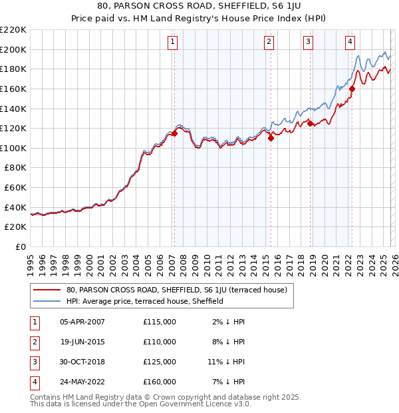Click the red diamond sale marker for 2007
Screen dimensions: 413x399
coord(174,133)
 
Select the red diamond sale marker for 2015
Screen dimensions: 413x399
coord(271,138)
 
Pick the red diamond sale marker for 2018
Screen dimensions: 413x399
coord(310,123)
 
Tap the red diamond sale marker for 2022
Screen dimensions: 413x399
coord(352,89)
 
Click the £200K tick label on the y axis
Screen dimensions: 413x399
coord(13,49)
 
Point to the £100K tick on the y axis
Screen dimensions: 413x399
coord(13,148)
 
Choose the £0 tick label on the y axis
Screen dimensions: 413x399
coord(20,246)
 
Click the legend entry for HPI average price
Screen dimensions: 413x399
coord(144,301)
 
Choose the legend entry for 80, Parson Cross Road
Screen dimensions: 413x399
coord(176,290)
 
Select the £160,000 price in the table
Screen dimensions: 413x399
coord(160,382)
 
